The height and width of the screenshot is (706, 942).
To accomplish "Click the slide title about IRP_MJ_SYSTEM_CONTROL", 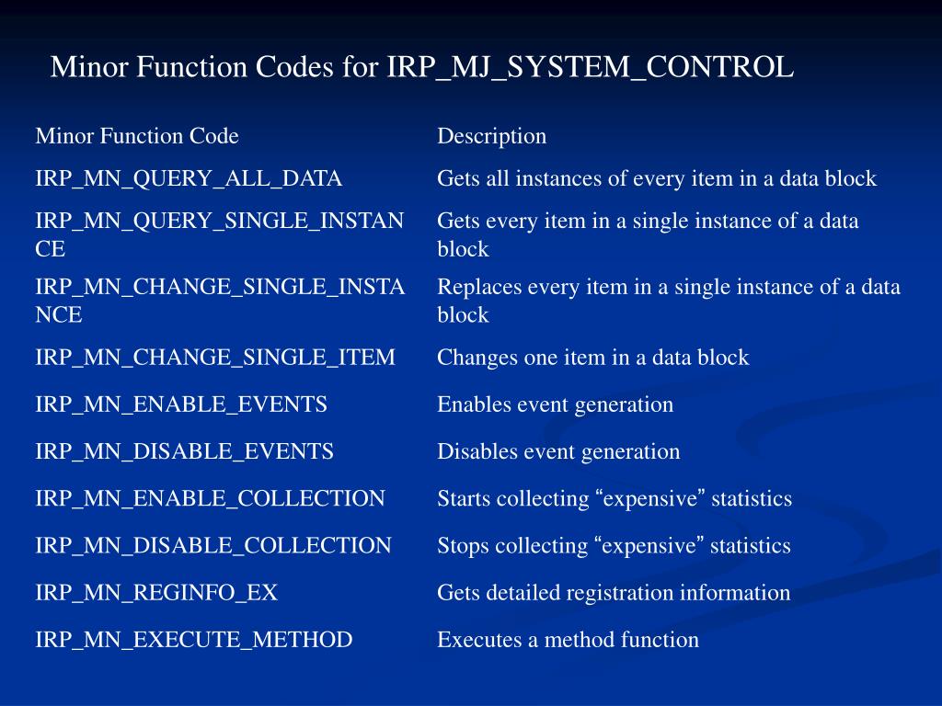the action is click(x=421, y=67).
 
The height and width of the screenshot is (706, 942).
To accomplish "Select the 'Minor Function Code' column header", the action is click(x=137, y=136).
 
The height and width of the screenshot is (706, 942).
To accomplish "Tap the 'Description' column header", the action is click(x=491, y=136).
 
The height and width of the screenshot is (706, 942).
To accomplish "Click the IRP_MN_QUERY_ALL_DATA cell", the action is click(x=189, y=178).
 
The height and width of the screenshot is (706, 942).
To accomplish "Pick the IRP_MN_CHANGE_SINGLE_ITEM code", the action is click(x=215, y=357).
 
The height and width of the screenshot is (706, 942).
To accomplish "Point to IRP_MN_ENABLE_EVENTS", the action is click(x=181, y=404).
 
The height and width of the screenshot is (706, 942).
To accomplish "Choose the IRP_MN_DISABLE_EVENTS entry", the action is click(x=184, y=451).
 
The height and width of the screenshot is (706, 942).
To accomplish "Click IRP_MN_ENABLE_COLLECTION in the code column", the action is click(x=210, y=498).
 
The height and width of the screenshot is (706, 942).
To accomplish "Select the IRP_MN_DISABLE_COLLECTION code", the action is click(x=213, y=545).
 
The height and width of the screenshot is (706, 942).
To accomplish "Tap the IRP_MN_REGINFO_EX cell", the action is click(x=156, y=593).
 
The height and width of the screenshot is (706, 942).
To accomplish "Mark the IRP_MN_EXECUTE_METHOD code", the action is click(x=194, y=640).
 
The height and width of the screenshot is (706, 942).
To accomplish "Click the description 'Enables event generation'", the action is click(x=555, y=404).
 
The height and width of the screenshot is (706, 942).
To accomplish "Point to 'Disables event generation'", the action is click(x=558, y=451).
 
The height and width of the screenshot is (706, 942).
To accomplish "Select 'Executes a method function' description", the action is click(x=568, y=640).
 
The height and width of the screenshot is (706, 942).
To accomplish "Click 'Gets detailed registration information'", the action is click(x=614, y=593).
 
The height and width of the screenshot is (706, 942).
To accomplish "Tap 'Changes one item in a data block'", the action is click(x=592, y=357).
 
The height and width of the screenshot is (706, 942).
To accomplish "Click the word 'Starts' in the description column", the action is click(x=463, y=498).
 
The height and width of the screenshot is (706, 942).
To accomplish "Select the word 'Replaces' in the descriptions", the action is click(x=474, y=287).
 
